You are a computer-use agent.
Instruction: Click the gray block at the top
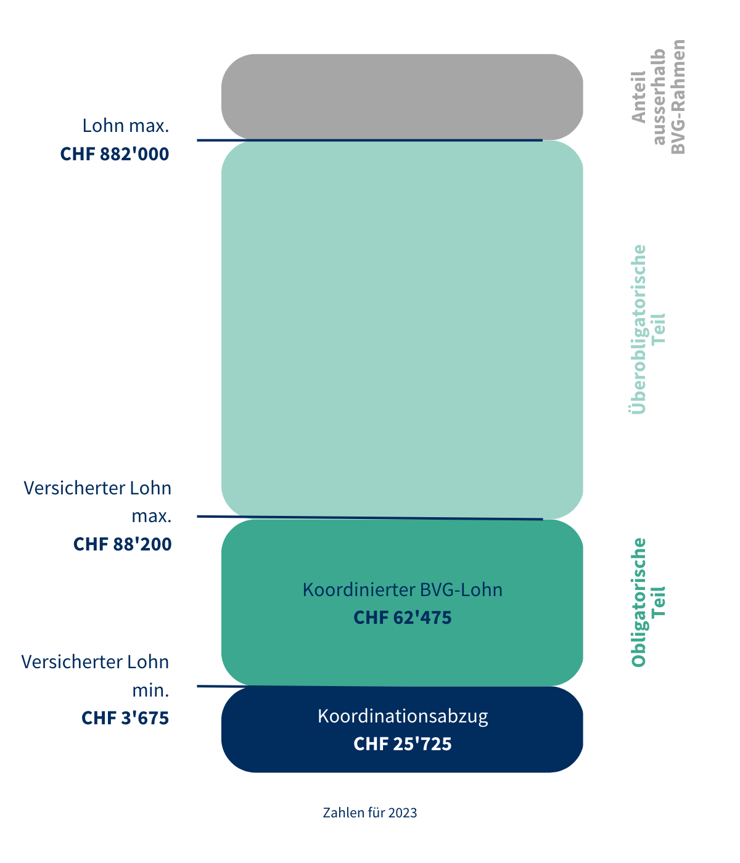(x=402, y=97)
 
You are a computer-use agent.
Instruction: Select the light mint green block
(x=402, y=330)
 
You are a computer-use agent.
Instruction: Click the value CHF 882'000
(x=115, y=154)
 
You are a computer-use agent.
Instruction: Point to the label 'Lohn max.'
(x=126, y=126)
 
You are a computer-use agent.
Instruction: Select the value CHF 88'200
(x=123, y=544)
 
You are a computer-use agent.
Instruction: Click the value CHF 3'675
(x=125, y=718)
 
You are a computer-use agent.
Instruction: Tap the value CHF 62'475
(x=403, y=618)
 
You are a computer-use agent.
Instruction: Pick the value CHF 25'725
(x=403, y=744)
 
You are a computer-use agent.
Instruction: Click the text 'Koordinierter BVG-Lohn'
(x=403, y=590)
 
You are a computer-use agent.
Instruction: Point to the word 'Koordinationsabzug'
(x=403, y=716)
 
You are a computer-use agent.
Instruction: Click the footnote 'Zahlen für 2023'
(x=370, y=812)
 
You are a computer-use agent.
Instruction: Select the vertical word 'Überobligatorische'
(x=639, y=330)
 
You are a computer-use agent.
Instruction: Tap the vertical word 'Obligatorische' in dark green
(x=639, y=602)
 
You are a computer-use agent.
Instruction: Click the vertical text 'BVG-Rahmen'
(x=678, y=97)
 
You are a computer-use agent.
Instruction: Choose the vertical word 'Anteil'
(x=639, y=97)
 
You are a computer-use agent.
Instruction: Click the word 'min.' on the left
(x=150, y=690)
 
